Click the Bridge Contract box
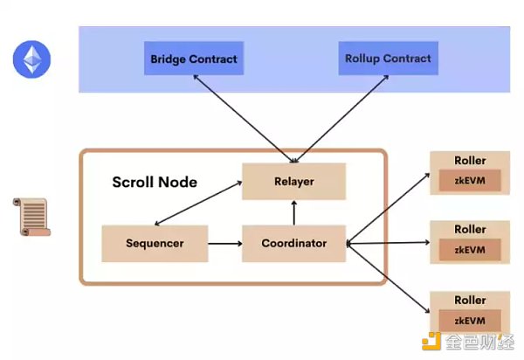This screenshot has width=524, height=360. click(193, 59)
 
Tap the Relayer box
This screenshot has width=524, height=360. click(293, 182)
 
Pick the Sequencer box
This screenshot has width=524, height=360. click(154, 243)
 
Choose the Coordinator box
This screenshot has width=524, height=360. click(294, 243)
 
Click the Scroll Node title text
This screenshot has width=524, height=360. click(155, 183)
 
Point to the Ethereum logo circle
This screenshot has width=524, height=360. click(31, 59)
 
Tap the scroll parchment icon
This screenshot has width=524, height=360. click(31, 218)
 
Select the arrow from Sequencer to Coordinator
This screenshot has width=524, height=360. click(224, 244)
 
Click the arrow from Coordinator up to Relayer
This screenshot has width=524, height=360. click(294, 212)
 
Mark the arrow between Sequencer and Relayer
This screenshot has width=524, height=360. click(199, 202)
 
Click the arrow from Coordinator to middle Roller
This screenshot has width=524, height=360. click(388, 244)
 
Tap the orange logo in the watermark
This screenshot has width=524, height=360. click(431, 341)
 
